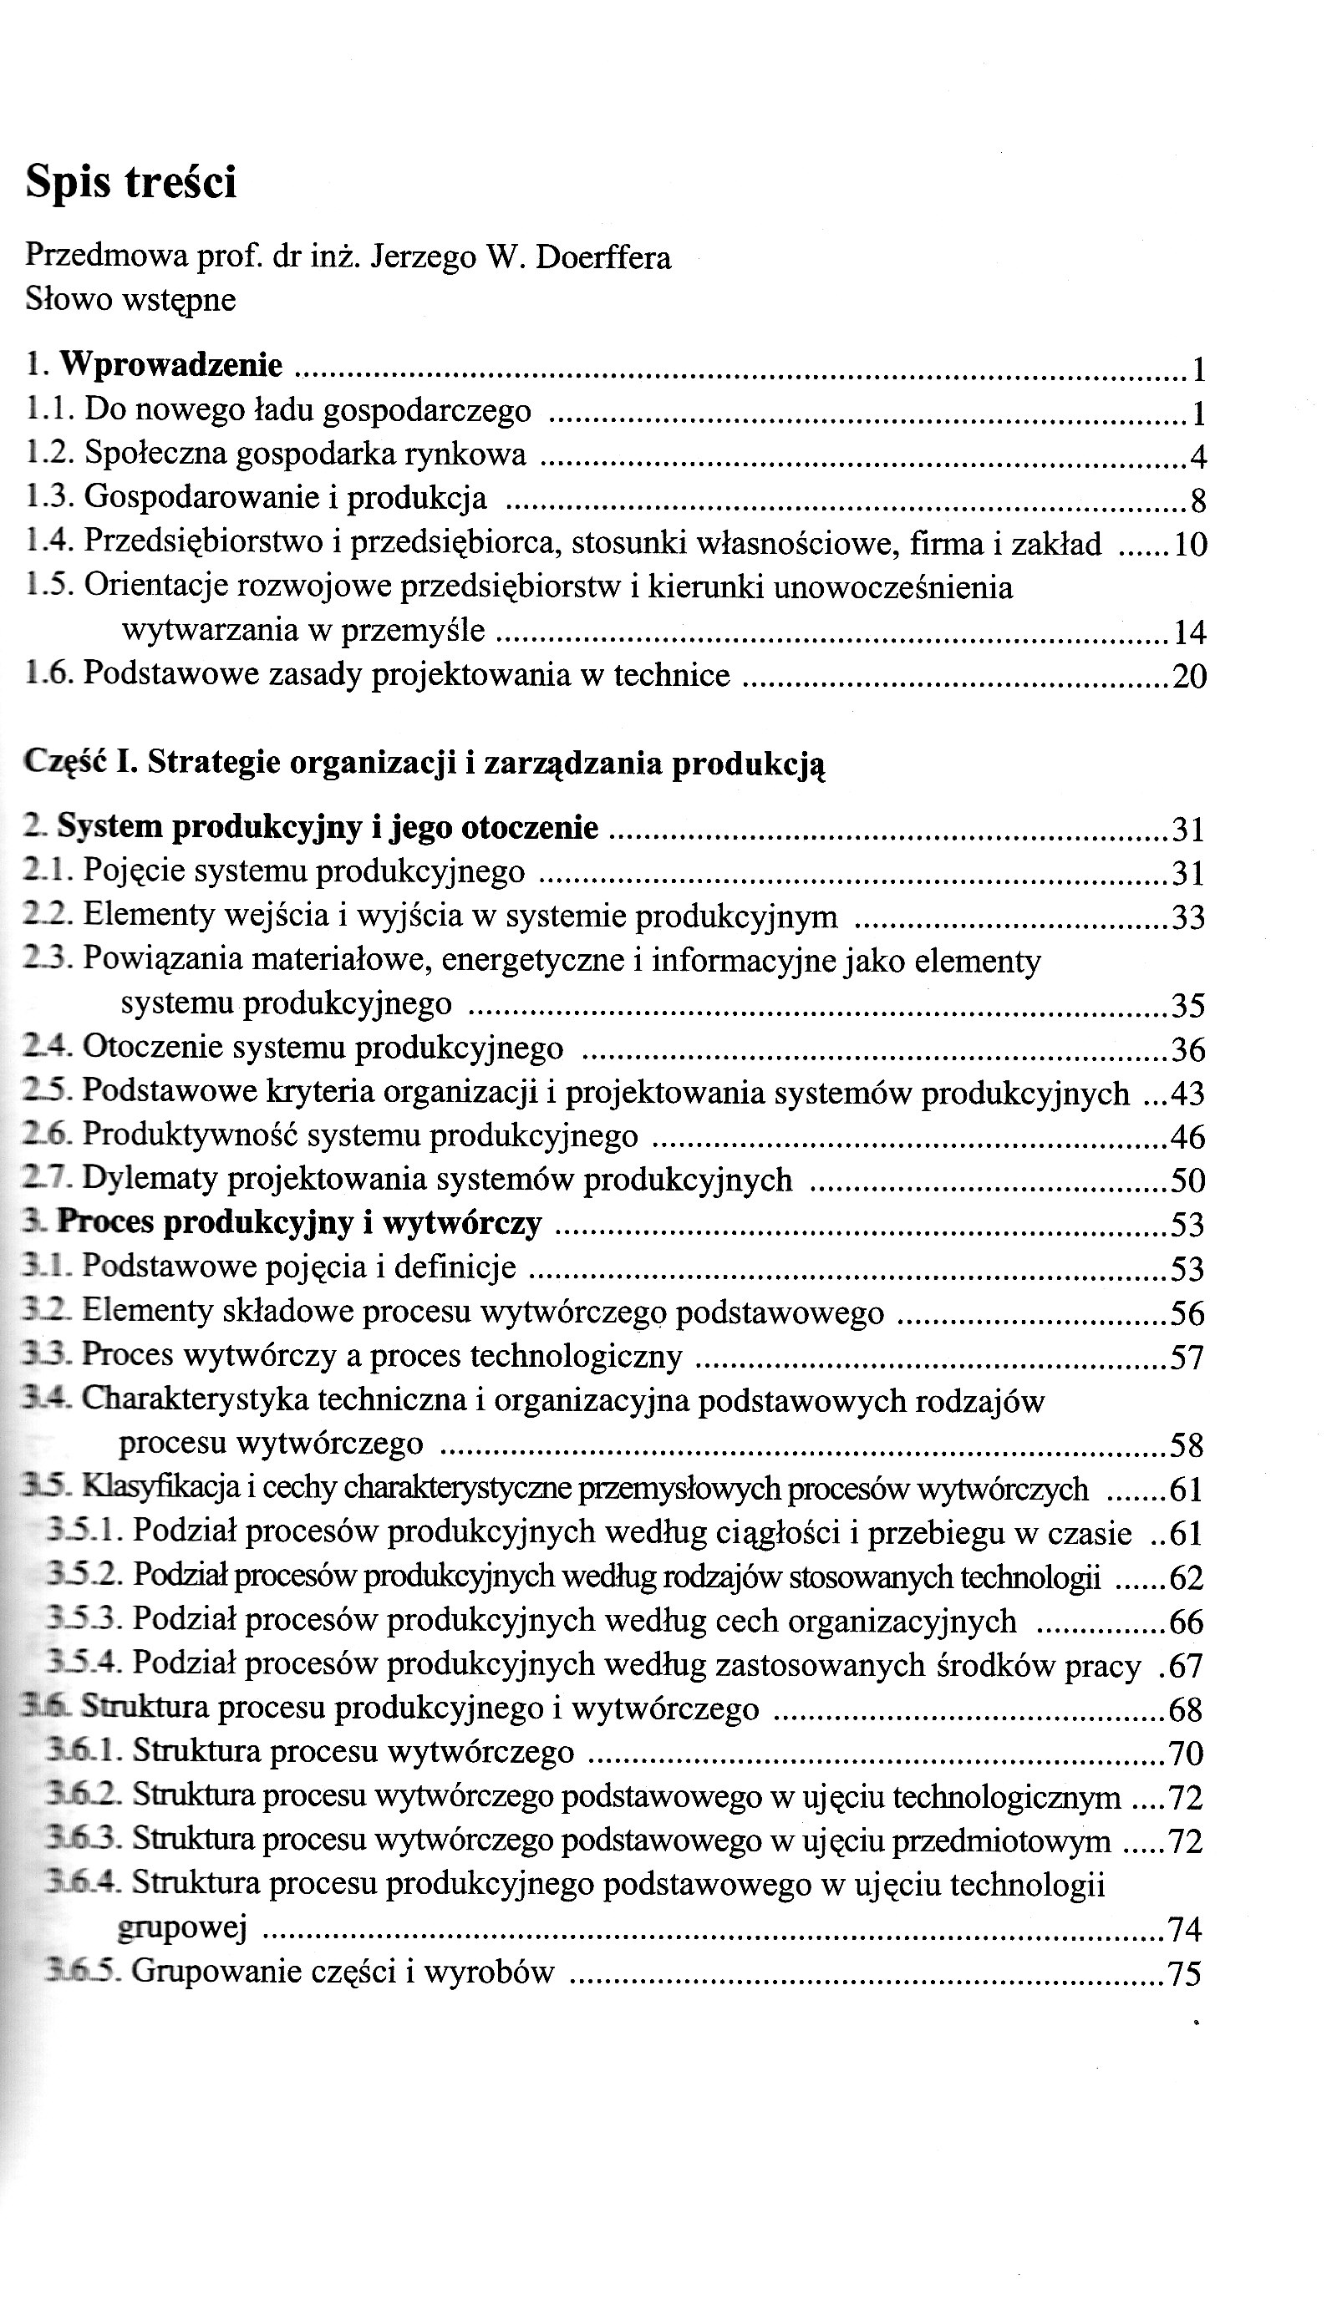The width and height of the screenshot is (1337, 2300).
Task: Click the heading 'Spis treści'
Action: [130, 182]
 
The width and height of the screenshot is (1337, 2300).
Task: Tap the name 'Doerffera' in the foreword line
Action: [603, 257]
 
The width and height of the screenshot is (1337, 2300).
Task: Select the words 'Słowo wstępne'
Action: [130, 299]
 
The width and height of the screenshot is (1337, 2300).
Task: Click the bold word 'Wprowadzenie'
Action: [171, 365]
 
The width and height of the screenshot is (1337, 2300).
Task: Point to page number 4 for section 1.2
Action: [1198, 456]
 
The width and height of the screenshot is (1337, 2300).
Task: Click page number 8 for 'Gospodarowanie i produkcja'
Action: [1198, 501]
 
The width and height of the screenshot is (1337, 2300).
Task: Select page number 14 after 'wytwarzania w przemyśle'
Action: [1189, 632]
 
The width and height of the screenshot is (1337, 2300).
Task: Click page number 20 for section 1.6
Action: [1188, 677]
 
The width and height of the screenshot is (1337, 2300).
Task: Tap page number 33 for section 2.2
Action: [1187, 917]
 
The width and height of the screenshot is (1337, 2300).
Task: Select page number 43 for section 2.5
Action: [1187, 1094]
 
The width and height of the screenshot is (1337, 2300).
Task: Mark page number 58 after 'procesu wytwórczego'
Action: [1187, 1445]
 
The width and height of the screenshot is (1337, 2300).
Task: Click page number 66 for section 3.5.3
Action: [1186, 1622]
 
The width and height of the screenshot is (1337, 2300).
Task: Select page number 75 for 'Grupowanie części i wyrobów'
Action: [1185, 1974]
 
